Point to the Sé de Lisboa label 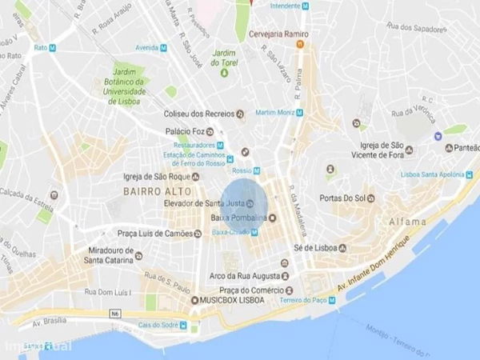click(x=314, y=248)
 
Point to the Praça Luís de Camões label click(x=157, y=234)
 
